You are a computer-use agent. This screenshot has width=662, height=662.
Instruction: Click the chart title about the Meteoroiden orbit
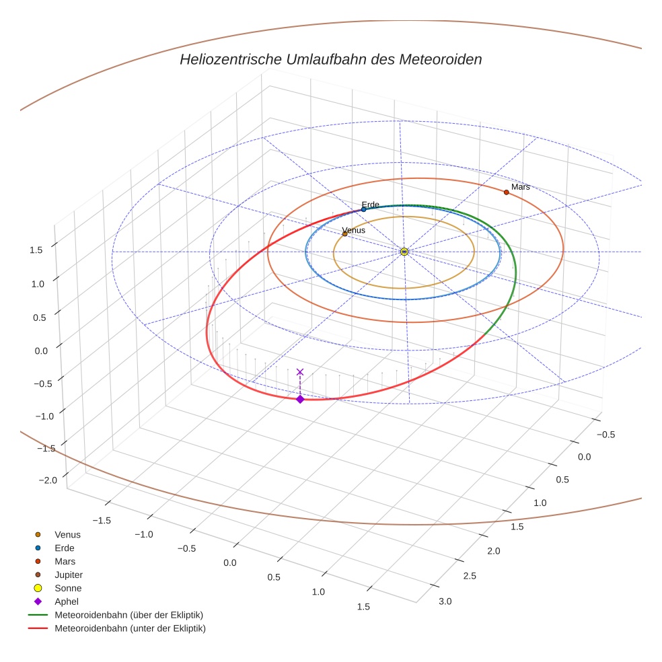[x=330, y=59]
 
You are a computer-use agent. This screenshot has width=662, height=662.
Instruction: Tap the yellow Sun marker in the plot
[x=404, y=252]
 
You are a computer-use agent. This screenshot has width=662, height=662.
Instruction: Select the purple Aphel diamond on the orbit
[x=300, y=400]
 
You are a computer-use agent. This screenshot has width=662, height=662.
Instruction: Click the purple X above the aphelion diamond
[x=300, y=372]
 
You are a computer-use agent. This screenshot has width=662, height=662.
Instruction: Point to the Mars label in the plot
[x=520, y=187]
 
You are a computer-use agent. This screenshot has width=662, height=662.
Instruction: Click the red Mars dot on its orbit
[x=507, y=192]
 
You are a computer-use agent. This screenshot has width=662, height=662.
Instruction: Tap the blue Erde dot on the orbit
[x=364, y=209]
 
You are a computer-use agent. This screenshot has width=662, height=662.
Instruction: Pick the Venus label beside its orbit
[x=354, y=230]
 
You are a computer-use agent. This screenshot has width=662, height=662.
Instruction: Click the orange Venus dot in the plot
[x=345, y=234]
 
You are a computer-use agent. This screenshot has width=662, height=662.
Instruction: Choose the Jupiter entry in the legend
[x=69, y=575]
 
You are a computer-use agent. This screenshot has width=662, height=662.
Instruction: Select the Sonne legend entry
[x=68, y=588]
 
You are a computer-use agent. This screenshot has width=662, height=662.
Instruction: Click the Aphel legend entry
[x=67, y=601]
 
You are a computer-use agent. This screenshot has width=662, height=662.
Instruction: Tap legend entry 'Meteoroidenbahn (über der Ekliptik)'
[x=128, y=615]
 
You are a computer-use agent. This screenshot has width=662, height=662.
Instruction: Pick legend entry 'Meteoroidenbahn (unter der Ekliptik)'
[x=130, y=628]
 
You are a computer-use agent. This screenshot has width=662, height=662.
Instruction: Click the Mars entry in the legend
[x=65, y=561]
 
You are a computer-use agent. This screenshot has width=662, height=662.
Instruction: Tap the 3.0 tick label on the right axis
[x=445, y=601]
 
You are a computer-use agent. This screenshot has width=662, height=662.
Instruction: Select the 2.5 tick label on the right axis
[x=470, y=576]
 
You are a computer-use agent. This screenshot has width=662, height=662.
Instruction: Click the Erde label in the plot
[x=371, y=205]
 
